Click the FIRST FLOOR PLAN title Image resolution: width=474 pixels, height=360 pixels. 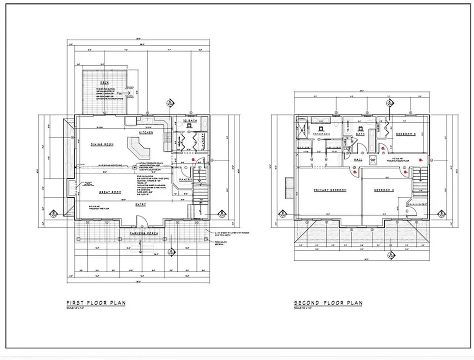point(96,303)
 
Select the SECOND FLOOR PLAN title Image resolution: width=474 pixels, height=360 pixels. point(328,303)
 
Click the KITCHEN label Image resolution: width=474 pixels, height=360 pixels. point(147,133)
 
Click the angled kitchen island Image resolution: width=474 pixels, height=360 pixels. point(139,148)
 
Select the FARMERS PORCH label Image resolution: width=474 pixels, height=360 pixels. point(142,233)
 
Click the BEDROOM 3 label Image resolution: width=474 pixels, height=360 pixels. point(406,134)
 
